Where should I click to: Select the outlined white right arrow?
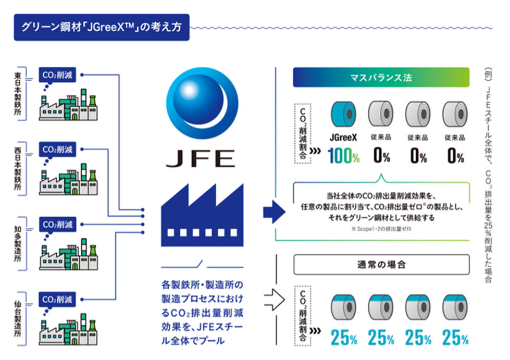tap(273, 300)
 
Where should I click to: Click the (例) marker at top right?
tap(488, 72)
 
